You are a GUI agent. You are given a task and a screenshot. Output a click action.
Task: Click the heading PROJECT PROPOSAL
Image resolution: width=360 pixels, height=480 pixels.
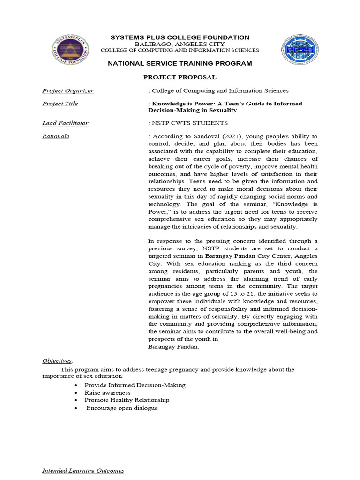tap(180, 77)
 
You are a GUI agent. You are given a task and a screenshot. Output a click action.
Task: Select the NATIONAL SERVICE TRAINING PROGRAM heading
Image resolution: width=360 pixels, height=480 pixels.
tap(180, 63)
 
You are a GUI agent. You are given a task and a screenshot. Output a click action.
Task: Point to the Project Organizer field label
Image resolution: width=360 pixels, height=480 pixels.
tap(67, 90)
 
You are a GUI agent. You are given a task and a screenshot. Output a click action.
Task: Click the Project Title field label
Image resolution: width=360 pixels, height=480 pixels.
tap(60, 104)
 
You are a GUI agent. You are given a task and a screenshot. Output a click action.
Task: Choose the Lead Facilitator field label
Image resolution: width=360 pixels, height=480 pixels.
tap(65, 123)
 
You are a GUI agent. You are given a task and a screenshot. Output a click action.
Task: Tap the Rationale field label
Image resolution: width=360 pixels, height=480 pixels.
tap(56, 136)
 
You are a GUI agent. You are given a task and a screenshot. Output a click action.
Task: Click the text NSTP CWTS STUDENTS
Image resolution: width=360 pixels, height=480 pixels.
tap(189, 123)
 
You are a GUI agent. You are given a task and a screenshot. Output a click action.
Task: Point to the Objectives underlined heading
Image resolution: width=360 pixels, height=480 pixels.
tap(57, 360)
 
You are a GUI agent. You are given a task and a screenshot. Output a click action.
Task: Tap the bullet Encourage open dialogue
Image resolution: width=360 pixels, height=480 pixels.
tap(122, 408)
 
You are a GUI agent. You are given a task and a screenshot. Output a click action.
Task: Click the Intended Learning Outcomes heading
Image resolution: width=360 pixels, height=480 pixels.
tap(83, 470)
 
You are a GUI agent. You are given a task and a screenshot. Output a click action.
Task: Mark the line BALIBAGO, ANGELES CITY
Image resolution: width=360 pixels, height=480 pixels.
tap(180, 44)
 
